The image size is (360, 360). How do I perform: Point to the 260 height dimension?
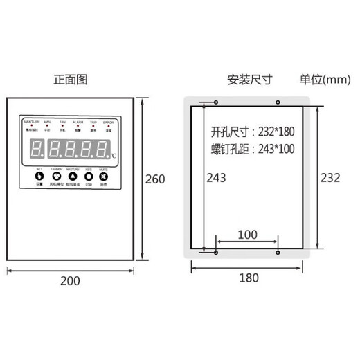[x=156, y=179]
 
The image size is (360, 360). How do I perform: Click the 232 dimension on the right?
[x=331, y=178]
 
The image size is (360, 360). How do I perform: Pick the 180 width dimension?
[x=249, y=278]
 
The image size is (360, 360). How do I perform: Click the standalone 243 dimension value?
[x=217, y=178]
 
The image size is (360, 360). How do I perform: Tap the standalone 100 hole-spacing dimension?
[x=247, y=234]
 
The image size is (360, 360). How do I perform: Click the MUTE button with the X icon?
[x=102, y=177]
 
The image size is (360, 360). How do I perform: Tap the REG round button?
[x=88, y=177]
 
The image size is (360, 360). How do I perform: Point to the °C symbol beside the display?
[x=113, y=155]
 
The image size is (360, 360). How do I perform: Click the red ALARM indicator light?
[x=78, y=126]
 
